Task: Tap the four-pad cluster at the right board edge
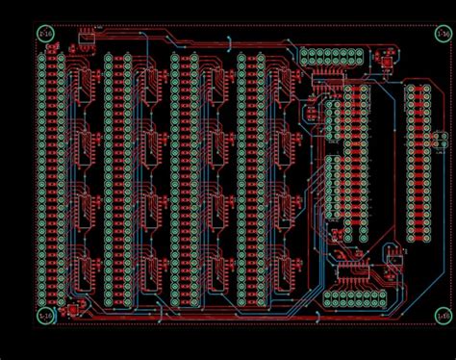[441, 141]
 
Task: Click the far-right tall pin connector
[418, 163]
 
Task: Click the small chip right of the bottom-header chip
[393, 258]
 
